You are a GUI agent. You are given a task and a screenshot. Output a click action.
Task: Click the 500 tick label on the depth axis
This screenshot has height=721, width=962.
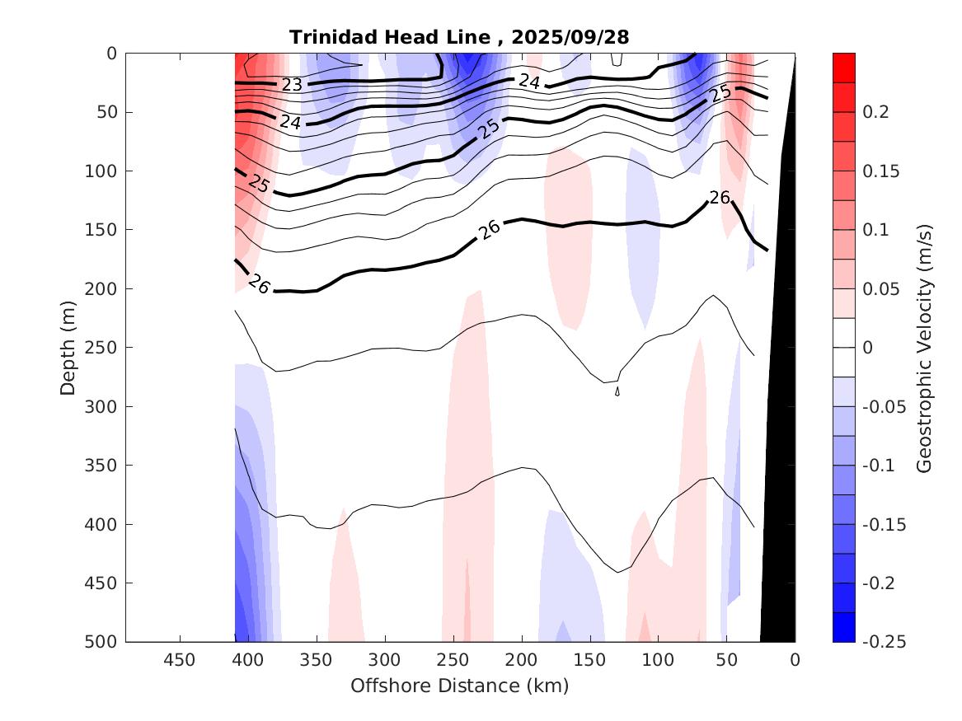pyautogui.click(x=101, y=642)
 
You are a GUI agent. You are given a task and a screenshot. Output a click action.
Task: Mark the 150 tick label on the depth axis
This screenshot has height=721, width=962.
pyautogui.click(x=101, y=230)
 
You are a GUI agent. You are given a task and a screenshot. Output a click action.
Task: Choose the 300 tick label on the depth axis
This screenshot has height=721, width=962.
pyautogui.click(x=101, y=406)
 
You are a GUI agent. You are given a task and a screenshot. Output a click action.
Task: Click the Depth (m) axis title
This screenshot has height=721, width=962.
pyautogui.click(x=68, y=348)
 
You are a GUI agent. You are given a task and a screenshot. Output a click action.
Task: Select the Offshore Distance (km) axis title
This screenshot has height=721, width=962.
pyautogui.click(x=459, y=686)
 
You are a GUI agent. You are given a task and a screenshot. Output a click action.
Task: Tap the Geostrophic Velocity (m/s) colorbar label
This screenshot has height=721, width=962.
pyautogui.click(x=924, y=348)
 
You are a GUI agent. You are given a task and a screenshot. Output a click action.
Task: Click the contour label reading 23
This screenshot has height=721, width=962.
pyautogui.click(x=292, y=84)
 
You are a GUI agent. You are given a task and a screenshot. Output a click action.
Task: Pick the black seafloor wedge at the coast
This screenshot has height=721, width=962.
pyautogui.click(x=779, y=494)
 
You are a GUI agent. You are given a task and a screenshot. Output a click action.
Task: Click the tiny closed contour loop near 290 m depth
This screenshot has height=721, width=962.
pyautogui.click(x=617, y=392)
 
